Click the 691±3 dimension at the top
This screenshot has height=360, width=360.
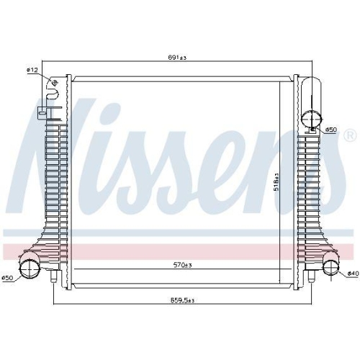[x=177, y=58]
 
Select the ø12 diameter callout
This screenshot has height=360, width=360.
[x=32, y=70]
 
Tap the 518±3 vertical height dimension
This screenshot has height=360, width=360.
[x=276, y=181]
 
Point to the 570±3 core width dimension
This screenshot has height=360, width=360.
[x=183, y=265]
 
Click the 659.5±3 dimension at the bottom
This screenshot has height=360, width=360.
[x=182, y=300]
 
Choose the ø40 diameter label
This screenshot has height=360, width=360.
[x=353, y=274]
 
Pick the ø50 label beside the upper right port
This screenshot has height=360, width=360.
[x=331, y=130]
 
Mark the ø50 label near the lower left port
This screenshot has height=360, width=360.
[x=7, y=278]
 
